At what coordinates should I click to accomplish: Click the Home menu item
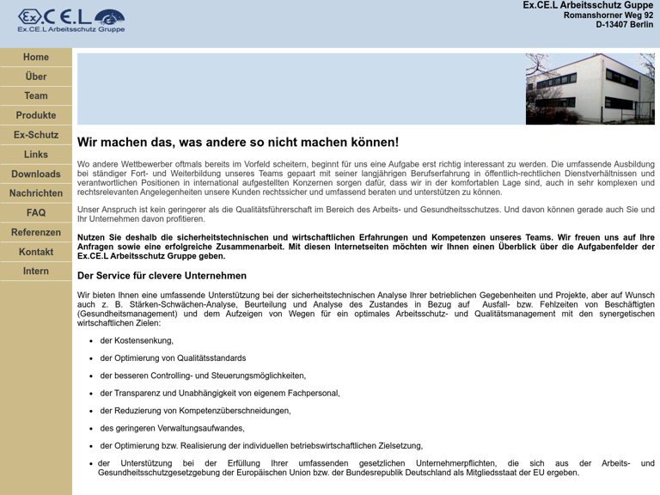point(36,57)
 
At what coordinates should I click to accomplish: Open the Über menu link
point(36,76)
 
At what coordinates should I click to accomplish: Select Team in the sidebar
point(36,96)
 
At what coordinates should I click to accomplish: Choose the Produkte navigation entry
point(36,115)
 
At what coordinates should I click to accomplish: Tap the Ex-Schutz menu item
point(36,135)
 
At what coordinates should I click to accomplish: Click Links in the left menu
point(36,155)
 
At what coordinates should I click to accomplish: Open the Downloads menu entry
point(36,174)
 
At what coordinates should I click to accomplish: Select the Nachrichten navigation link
point(36,193)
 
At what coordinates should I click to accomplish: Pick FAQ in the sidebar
point(36,212)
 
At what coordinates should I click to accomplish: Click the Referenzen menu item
point(36,232)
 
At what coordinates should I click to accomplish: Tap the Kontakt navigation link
point(36,252)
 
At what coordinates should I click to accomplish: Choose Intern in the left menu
point(36,271)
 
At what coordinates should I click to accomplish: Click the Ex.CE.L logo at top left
point(71,20)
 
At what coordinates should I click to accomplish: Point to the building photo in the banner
point(590,89)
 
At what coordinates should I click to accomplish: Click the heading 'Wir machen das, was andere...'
point(238,143)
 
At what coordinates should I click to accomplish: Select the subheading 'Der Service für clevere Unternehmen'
point(162,276)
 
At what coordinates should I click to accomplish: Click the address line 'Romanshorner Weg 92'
point(608,15)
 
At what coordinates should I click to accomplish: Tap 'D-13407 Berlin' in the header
point(624,25)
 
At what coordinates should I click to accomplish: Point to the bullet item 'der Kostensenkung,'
point(137,340)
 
